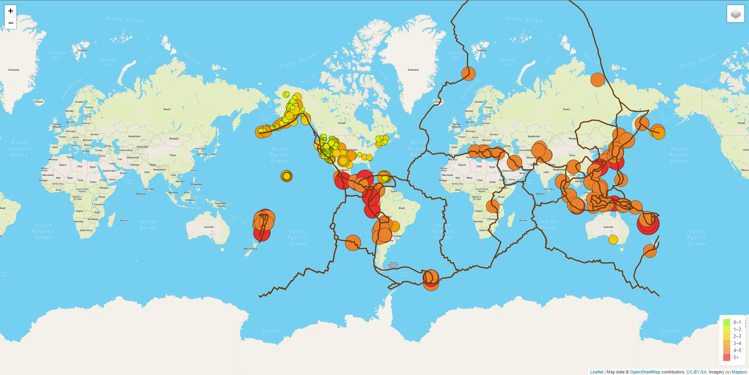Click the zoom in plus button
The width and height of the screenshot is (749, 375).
point(11,11)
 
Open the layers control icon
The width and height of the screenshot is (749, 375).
point(735,14)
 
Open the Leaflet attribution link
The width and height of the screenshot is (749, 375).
point(596,372)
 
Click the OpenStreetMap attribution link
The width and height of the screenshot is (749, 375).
point(645,372)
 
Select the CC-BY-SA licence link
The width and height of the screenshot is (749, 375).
point(696,372)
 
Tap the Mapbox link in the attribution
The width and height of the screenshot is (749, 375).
point(739,372)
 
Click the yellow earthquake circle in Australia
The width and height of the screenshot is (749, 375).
point(613,240)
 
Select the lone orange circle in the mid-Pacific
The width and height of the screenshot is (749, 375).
point(286,176)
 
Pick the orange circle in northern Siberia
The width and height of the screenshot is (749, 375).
point(597,80)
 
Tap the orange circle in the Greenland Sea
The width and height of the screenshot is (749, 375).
point(469,73)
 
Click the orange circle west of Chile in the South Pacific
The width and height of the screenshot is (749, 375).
point(353,242)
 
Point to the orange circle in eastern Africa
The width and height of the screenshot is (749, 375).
point(492,206)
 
